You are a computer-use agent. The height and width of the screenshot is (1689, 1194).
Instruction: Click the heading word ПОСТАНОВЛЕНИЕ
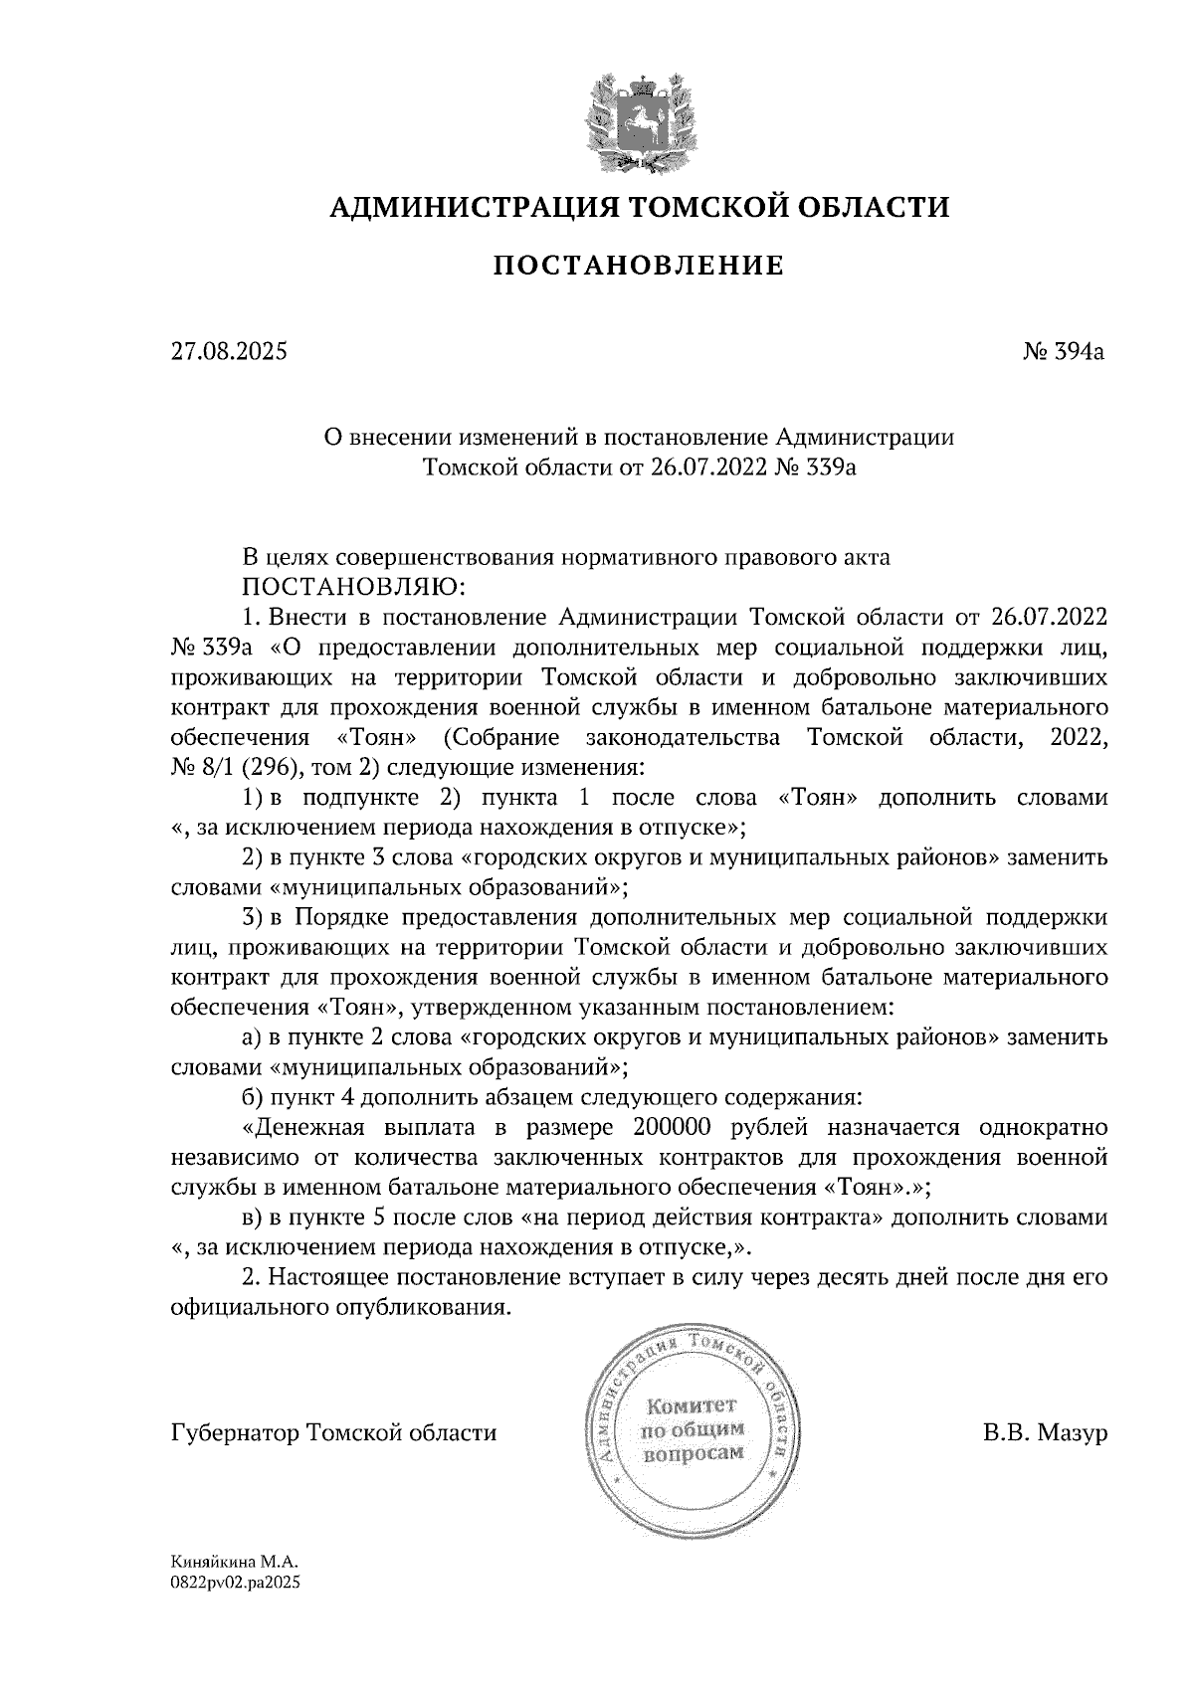(x=639, y=266)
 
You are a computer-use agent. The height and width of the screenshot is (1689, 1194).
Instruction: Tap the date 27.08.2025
(x=229, y=351)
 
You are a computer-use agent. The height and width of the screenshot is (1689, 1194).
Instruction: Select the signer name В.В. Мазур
(x=1044, y=1433)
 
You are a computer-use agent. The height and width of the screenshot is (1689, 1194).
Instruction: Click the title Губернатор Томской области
(x=334, y=1433)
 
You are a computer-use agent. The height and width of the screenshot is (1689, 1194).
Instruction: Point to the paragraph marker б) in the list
(x=253, y=1098)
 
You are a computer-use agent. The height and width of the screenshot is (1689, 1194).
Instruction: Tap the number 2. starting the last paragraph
(x=252, y=1277)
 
